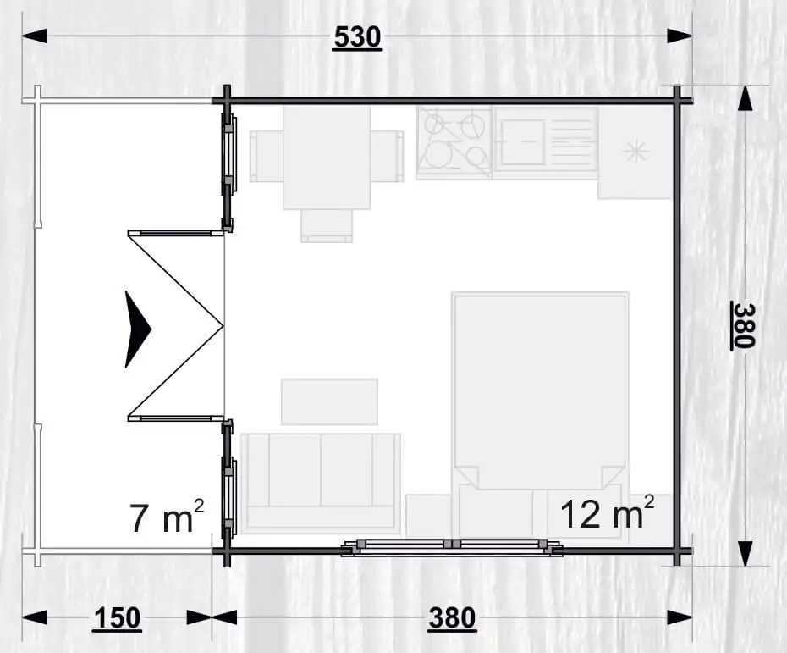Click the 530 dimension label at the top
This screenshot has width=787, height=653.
pos(357,37)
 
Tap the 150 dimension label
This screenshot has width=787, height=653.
pos(117,618)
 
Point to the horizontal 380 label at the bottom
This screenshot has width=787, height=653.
pos(452,618)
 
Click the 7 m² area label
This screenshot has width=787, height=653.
pos(167,516)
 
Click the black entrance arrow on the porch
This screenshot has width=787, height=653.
pos(138,329)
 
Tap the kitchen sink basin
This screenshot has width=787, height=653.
pos(522,142)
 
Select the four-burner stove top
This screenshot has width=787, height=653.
pos(454,143)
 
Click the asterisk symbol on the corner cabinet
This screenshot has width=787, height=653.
pos(636,152)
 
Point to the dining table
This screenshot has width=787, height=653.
pos(327,158)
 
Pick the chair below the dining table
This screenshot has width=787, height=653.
pos(327,226)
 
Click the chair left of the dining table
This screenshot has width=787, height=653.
pos(267,156)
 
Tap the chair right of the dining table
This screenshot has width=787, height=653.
pos(388,156)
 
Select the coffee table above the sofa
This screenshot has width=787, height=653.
pos(329,401)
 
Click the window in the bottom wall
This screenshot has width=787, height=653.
pos(452,547)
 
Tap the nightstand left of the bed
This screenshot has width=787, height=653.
pos(429,516)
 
